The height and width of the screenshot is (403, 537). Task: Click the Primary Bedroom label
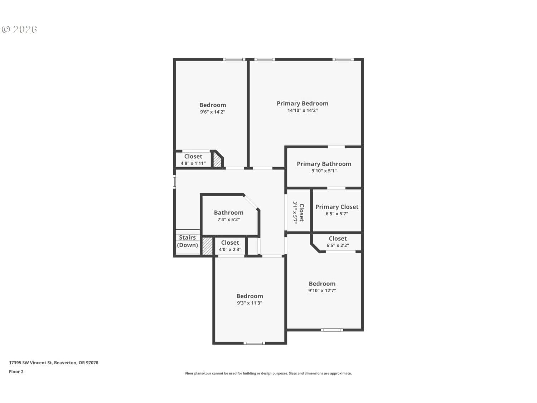pos(303,104)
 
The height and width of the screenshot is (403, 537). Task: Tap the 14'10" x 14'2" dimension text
pos(303,110)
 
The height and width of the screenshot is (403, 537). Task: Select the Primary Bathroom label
pos(324,164)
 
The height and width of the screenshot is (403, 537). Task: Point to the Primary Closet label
pos(337,207)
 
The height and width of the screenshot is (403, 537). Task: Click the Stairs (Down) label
pos(187,241)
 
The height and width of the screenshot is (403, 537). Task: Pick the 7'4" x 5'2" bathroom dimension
pos(228,220)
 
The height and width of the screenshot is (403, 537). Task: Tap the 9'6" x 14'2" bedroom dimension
pos(213,112)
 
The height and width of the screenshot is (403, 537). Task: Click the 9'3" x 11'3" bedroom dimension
pos(250,303)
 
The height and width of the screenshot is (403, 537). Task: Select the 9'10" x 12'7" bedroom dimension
pos(322,291)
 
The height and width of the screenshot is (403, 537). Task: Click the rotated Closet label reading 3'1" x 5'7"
pos(299,212)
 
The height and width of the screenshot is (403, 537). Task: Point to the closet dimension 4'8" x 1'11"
pos(193,163)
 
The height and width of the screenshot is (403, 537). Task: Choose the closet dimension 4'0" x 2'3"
pos(230,250)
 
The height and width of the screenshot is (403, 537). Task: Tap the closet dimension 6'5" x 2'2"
pos(338,245)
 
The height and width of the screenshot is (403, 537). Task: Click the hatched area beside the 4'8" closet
pos(217,160)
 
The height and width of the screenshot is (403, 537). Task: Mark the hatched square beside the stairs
pos(207,246)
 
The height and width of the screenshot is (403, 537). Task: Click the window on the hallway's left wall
pos(174,182)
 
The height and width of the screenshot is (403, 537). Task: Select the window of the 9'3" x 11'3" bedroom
pos(254,343)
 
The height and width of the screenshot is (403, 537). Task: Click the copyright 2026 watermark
pos(19,30)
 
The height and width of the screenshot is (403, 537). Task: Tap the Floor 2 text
pos(16,372)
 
